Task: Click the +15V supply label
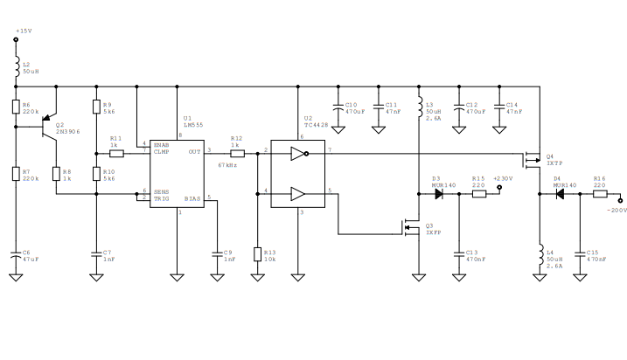point(23,31)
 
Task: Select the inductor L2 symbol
point(16,68)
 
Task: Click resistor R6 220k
point(16,107)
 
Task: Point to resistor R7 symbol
point(16,173)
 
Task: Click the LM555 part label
point(193,125)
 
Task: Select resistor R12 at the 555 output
point(235,152)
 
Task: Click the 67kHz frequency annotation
point(227,165)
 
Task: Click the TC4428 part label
point(314,125)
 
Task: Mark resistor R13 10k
point(257,254)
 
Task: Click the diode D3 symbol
point(440,193)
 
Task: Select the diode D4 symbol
point(559,193)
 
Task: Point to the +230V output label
point(502,178)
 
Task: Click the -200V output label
point(617,211)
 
